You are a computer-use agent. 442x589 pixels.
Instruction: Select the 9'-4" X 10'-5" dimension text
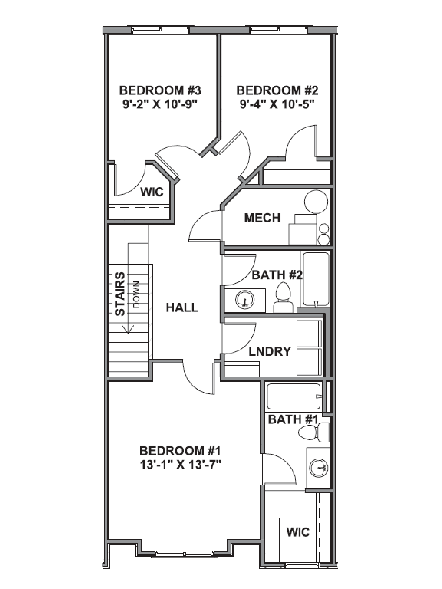click(277, 104)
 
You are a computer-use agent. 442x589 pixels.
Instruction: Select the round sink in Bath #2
click(245, 300)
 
